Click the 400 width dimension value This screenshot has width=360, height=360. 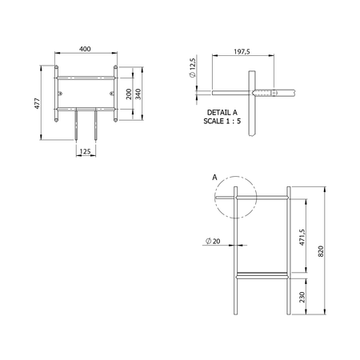click(x=85, y=49)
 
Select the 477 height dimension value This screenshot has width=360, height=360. click(x=37, y=103)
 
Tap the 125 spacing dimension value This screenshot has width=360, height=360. click(x=85, y=151)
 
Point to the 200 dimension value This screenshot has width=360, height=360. click(x=129, y=94)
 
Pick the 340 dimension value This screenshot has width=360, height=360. click(x=138, y=94)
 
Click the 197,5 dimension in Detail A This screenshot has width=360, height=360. click(x=242, y=51)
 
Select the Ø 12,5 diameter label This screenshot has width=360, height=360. click(x=193, y=68)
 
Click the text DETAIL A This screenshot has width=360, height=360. click(x=222, y=113)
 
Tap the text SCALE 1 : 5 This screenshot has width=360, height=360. click(x=222, y=121)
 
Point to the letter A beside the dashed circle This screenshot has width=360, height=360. click(x=214, y=178)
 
